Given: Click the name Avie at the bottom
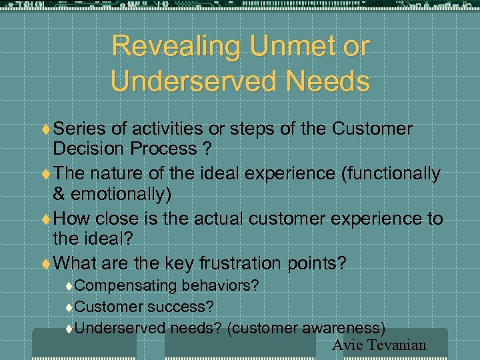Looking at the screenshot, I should [346, 345].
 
